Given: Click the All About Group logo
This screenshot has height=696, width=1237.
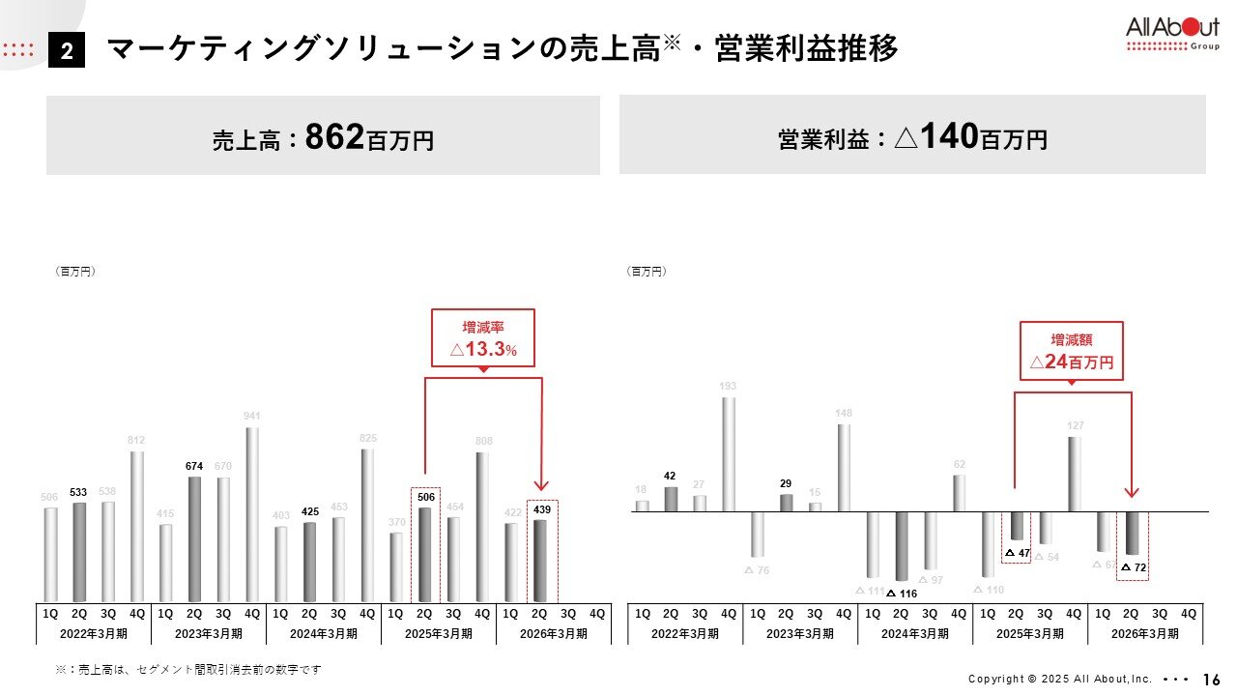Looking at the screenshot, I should [1172, 33].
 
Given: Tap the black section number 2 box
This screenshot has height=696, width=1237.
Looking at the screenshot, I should [67, 51].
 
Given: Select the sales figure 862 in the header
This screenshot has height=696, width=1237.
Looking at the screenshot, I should [334, 138].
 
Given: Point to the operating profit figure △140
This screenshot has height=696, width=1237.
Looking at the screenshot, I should [935, 138].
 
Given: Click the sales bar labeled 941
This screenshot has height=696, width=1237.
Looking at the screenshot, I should [252, 514].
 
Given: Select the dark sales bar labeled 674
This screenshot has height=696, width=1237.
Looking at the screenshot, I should [194, 538].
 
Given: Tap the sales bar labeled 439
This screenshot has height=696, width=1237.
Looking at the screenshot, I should [540, 561].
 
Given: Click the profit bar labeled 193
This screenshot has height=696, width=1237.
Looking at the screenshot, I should [729, 454].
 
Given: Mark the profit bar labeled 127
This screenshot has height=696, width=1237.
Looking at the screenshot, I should [1075, 474].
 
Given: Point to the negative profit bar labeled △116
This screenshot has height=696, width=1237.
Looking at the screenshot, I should [902, 545].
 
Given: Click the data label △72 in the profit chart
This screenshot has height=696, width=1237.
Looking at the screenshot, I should [1134, 567].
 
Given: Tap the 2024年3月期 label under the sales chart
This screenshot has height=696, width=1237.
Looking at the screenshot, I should [324, 634].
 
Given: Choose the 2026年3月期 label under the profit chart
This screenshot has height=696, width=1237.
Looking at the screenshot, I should [1145, 634].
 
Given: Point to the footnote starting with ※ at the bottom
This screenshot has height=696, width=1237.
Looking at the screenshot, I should [187, 669].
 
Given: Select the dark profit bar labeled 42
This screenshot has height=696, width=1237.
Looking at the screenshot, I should [671, 499].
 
